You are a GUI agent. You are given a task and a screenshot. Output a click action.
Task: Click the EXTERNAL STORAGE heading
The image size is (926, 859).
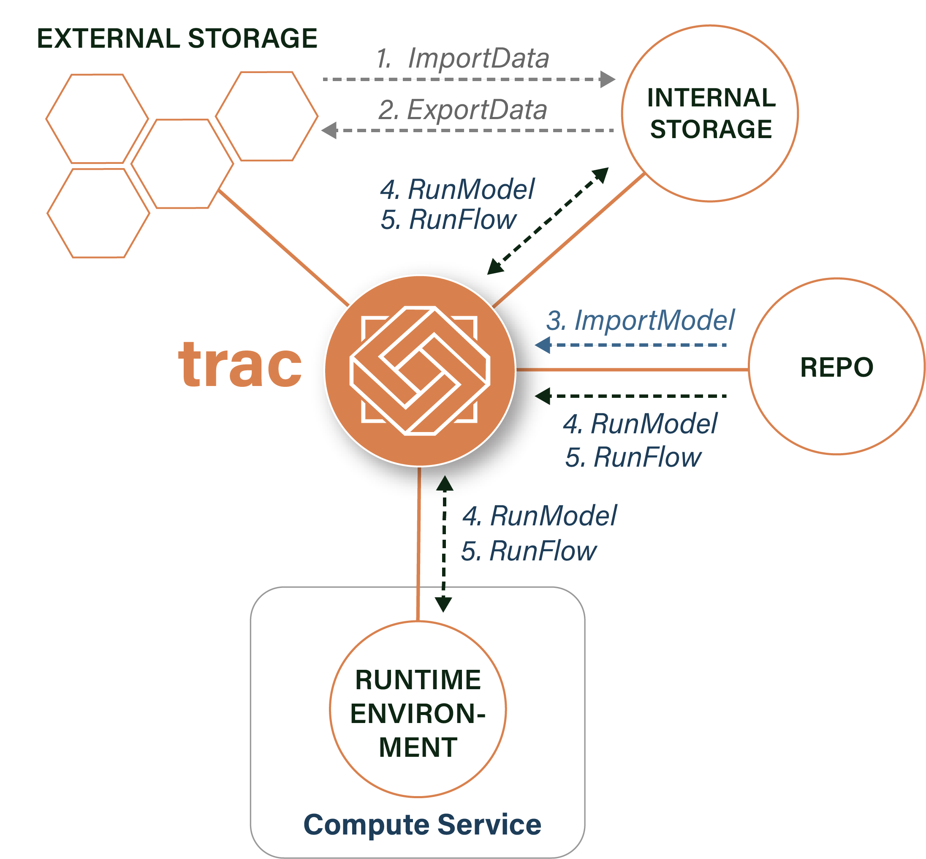pyautogui.click(x=177, y=38)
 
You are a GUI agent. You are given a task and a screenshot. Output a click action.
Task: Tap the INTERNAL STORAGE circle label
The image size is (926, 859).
pyautogui.click(x=711, y=114)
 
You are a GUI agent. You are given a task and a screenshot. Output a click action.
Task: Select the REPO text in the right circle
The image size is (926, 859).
pyautogui.click(x=836, y=367)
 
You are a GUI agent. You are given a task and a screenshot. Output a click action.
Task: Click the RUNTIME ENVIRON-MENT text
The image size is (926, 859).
pyautogui.click(x=418, y=713)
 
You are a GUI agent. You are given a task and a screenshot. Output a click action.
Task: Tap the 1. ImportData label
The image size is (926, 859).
pyautogui.click(x=462, y=59)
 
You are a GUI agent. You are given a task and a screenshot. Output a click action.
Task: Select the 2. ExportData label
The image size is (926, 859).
pyautogui.click(x=462, y=110)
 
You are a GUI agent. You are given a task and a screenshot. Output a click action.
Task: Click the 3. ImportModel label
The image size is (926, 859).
pyautogui.click(x=640, y=320)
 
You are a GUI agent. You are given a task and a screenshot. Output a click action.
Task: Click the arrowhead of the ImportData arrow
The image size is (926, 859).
pyautogui.click(x=607, y=79)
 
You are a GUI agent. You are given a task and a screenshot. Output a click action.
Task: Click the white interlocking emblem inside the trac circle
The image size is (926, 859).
pyautogui.click(x=420, y=370)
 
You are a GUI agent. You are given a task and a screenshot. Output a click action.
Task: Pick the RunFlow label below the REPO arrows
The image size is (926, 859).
pyautogui.click(x=633, y=457)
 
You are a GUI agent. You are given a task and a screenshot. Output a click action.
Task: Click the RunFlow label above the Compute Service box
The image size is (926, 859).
pyautogui.click(x=529, y=551)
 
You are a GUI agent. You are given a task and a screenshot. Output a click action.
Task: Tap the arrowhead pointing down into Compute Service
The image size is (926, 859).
pyautogui.click(x=443, y=604)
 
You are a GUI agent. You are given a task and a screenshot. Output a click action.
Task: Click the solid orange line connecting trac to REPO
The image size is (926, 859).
pyautogui.click(x=632, y=370)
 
